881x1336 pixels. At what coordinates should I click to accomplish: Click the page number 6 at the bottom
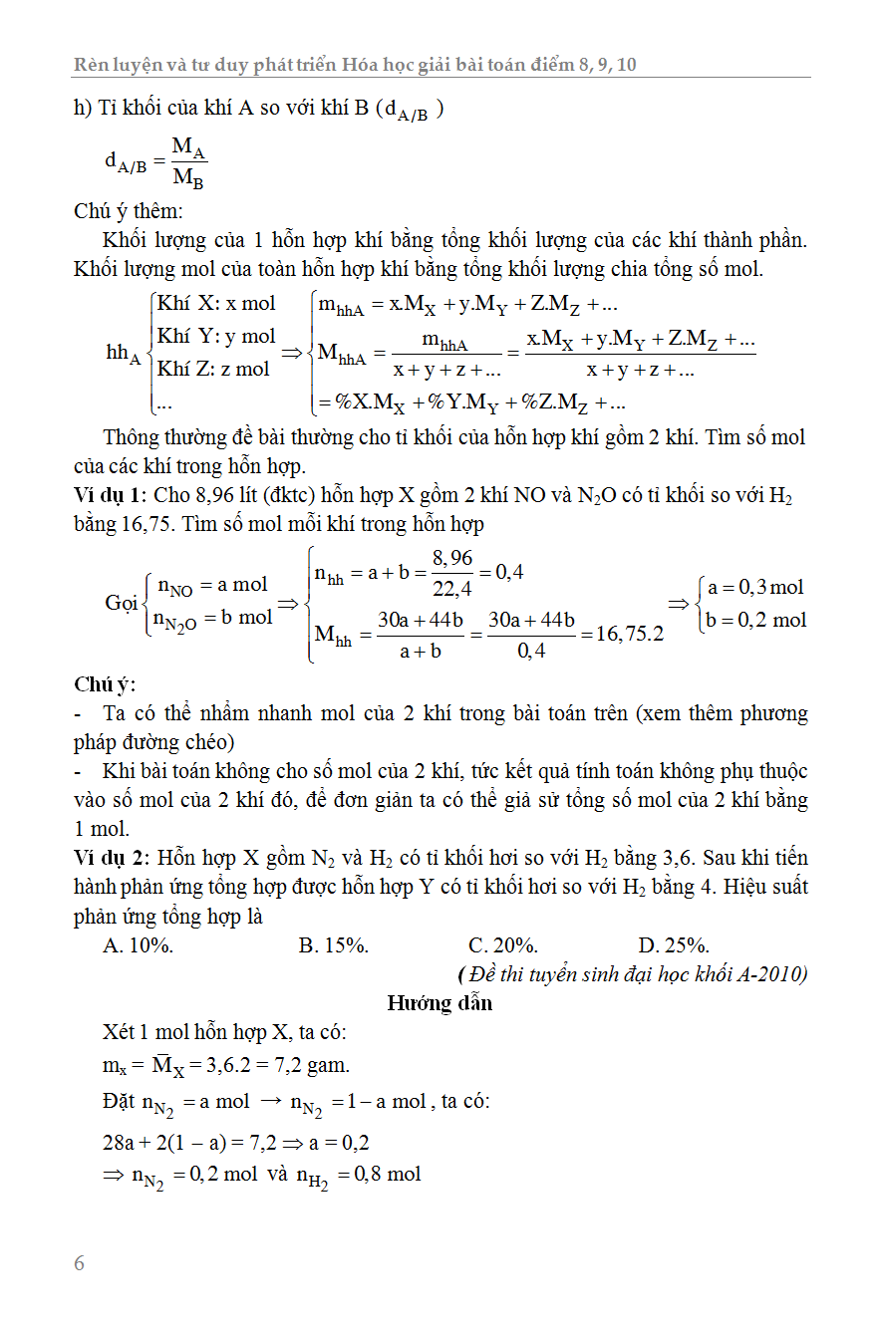pos(80,1264)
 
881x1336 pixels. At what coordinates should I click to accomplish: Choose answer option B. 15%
pos(334,945)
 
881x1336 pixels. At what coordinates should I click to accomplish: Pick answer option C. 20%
pos(503,945)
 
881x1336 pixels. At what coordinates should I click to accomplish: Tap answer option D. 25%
pos(674,945)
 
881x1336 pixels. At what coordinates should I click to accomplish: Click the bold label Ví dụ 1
pos(110,496)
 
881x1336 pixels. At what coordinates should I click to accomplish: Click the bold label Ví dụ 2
pos(110,858)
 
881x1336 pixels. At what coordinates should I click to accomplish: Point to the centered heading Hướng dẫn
pos(440,1002)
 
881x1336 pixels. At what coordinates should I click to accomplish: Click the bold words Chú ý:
pos(105,684)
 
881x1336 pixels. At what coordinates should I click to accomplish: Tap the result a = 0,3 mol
pos(754,587)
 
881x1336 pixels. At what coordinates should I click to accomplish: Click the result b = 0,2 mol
pos(756,620)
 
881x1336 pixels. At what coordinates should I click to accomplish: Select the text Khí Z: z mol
pos(213,369)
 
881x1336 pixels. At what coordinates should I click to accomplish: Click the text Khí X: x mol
pos(216,303)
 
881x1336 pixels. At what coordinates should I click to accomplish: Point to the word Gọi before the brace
pos(122,603)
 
